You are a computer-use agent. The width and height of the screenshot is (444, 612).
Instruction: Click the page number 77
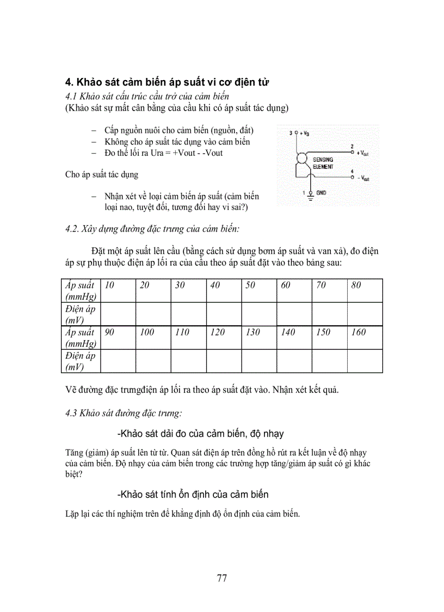[x=221, y=578]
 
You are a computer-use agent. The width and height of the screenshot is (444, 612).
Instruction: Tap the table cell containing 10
[x=118, y=290]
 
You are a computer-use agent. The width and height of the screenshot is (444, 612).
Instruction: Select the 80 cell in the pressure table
[x=365, y=290]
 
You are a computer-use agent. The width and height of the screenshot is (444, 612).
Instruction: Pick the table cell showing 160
[x=365, y=337]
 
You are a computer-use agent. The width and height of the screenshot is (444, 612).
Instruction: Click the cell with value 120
[x=224, y=337]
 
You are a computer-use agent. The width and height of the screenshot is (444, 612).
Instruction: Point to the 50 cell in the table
[x=259, y=290]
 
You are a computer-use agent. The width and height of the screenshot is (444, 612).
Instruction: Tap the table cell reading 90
[x=118, y=337]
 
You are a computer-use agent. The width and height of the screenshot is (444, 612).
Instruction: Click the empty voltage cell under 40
[x=224, y=314]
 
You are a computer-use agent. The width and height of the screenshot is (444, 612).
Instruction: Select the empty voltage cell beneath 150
[x=330, y=361]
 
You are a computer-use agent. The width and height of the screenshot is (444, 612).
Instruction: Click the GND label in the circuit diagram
[x=321, y=193]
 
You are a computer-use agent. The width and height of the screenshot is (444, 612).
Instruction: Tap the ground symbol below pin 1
[x=311, y=198]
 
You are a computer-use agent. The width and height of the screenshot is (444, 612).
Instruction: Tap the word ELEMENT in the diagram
[x=323, y=166]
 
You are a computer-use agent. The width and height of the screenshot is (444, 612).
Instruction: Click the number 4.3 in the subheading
[x=71, y=413]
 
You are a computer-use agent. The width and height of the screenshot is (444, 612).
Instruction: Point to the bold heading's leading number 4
[x=69, y=82]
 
